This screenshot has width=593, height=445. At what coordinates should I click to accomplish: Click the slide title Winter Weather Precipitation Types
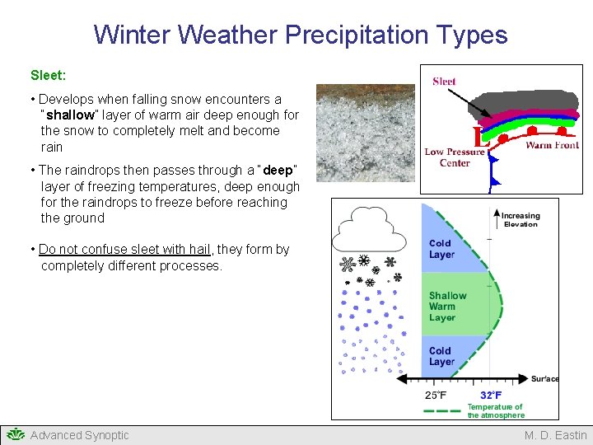tap(300, 35)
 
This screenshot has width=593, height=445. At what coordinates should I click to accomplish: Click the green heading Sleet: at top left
tap(48, 75)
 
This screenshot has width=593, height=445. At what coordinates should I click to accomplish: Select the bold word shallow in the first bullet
tap(70, 115)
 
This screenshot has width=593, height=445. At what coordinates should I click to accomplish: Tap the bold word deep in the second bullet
tap(278, 171)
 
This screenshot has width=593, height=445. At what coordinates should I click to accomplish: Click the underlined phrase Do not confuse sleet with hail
tap(127, 250)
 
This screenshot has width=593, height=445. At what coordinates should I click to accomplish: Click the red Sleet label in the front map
tap(444, 81)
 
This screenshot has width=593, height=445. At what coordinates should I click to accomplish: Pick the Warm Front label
tap(552, 146)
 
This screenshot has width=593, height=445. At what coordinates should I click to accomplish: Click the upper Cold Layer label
tap(441, 249)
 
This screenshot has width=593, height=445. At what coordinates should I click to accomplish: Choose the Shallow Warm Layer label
tap(447, 307)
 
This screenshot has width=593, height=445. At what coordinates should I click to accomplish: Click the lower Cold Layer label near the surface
tap(441, 356)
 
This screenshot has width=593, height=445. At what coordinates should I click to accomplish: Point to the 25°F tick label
tap(436, 395)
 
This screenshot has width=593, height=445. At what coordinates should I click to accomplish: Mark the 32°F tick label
tap(492, 395)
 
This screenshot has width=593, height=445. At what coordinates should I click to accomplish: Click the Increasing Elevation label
tap(521, 220)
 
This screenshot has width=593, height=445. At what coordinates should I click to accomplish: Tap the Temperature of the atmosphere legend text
tap(495, 410)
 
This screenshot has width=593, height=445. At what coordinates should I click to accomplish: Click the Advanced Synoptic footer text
tap(79, 435)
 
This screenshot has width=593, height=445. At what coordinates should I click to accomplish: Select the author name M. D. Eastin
tap(556, 435)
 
